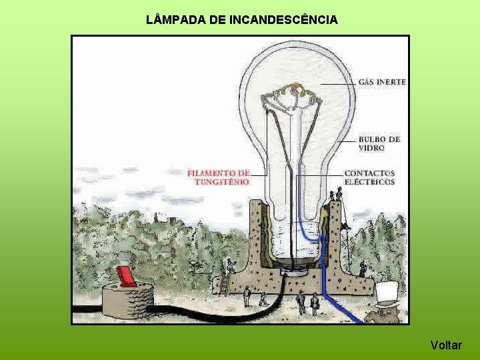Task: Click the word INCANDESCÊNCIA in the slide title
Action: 283,20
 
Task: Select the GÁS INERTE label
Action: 382,82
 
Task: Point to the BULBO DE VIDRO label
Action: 379,143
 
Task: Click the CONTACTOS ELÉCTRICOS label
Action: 369,177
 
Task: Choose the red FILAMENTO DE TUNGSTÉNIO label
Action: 219,177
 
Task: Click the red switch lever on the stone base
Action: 125,276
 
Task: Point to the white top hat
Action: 387,291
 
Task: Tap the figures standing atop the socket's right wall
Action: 337,195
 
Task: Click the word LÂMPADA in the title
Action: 175,20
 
